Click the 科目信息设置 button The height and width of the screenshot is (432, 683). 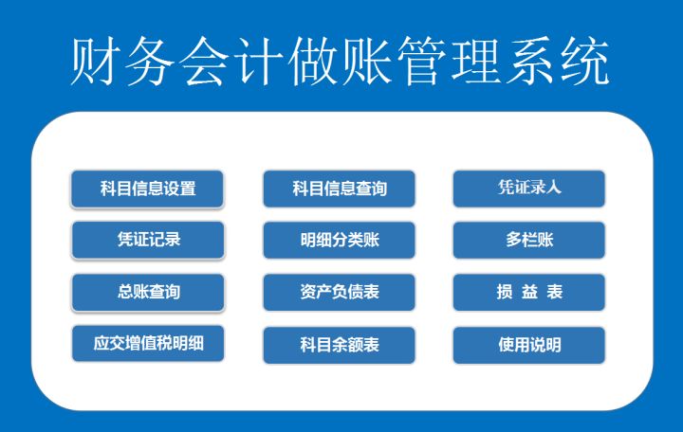click(x=147, y=189)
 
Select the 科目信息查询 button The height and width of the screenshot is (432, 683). click(x=339, y=189)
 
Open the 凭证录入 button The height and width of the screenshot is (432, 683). click(x=528, y=188)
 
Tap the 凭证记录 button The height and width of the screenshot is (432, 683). click(x=147, y=240)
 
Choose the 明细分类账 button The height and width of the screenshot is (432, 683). click(x=339, y=240)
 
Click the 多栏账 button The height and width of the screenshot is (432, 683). click(x=528, y=240)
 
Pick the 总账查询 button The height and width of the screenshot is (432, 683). click(x=147, y=292)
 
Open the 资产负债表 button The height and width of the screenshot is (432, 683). click(x=339, y=292)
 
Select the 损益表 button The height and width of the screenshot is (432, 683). click(x=528, y=292)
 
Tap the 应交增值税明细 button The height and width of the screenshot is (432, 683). click(x=147, y=343)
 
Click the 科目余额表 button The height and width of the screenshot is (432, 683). click(x=339, y=345)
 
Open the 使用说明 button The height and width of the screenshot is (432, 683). click(x=528, y=345)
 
